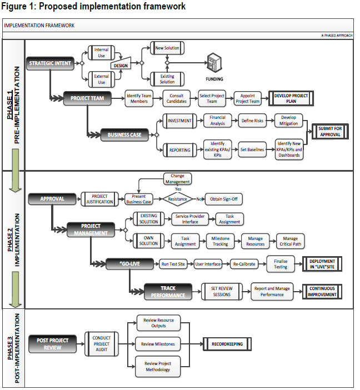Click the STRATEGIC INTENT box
tap(50, 63)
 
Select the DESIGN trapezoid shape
tap(121, 63)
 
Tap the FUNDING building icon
tap(214, 63)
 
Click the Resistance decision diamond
tap(177, 199)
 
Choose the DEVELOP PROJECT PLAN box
tap(291, 98)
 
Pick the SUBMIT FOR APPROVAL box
tap(330, 132)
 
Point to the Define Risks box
tap(252, 121)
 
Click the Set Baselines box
tap(252, 150)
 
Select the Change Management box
tap(177, 179)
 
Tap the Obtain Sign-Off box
tap(224, 199)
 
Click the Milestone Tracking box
tap(220, 241)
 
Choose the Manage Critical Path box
tap(291, 241)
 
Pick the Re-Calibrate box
tap(244, 264)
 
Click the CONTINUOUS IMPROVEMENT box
tap(322, 292)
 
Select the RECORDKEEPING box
tap(227, 344)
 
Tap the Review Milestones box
tap(158, 344)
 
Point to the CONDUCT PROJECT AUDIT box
tap(102, 344)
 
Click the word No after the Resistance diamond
tap(199, 199)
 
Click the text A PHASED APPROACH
tap(337, 36)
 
